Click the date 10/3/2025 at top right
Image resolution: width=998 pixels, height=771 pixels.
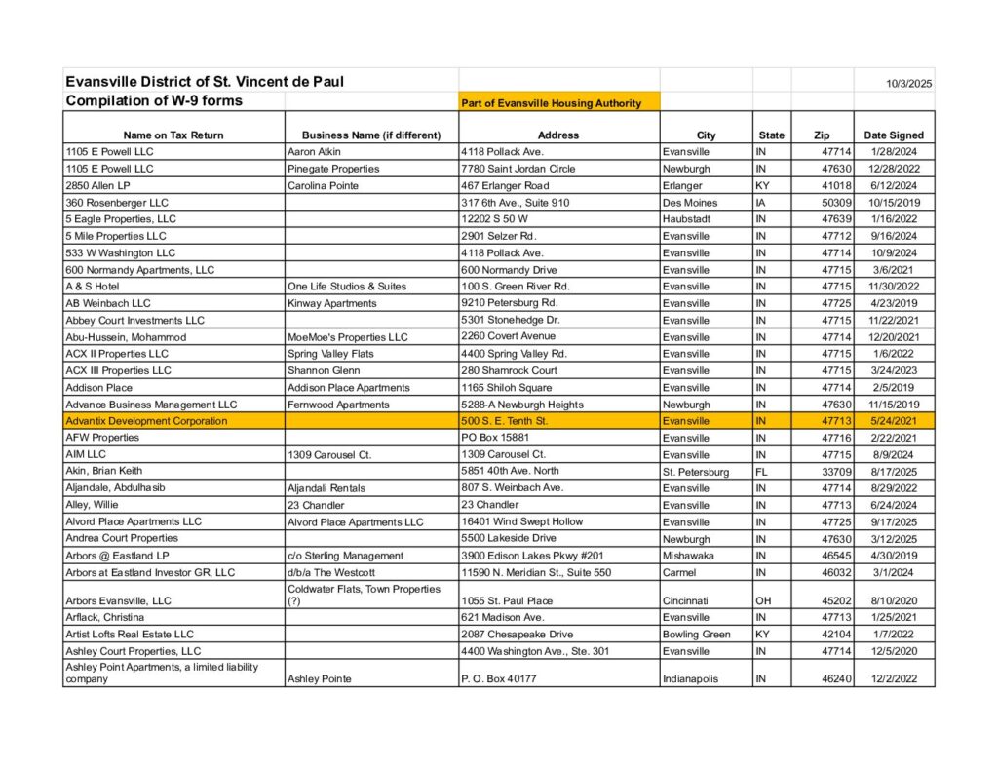click(x=908, y=84)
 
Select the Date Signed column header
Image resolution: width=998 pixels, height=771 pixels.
click(x=894, y=135)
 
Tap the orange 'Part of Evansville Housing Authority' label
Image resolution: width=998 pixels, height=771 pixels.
click(x=552, y=103)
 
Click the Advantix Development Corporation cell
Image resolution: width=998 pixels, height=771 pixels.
click(x=146, y=421)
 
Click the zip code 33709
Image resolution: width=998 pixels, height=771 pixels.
click(x=837, y=472)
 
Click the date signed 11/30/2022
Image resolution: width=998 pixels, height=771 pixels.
click(x=893, y=287)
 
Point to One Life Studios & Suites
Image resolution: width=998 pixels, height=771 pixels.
click(x=347, y=287)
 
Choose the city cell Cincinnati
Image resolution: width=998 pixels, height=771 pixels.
click(x=686, y=601)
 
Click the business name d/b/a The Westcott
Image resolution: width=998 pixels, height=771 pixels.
click(x=331, y=572)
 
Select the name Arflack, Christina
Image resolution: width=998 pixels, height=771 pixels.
click(x=105, y=617)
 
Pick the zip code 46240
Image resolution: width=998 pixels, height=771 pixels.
click(x=837, y=678)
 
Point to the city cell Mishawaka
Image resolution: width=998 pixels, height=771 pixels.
click(x=687, y=556)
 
